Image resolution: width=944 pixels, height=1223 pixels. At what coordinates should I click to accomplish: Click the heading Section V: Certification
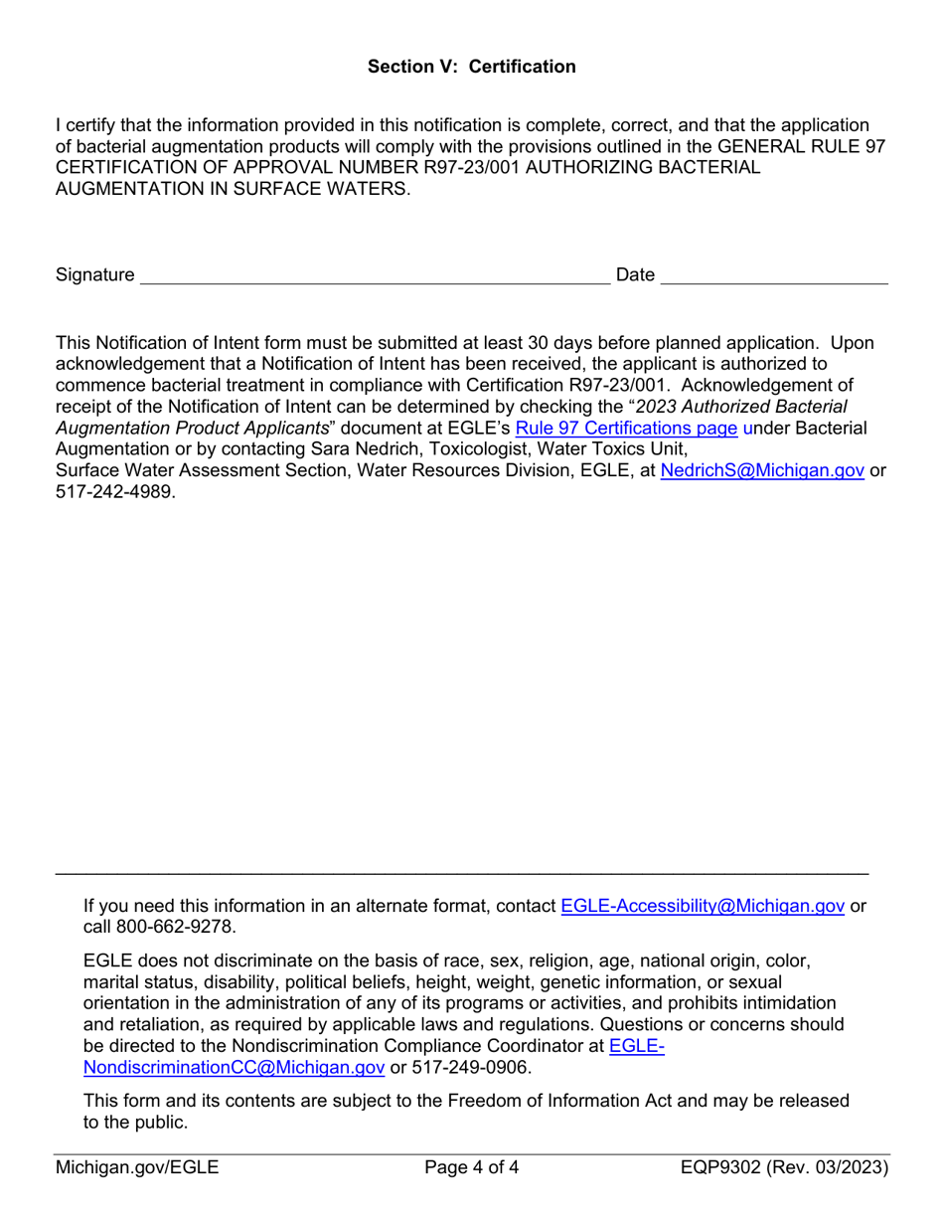click(x=471, y=67)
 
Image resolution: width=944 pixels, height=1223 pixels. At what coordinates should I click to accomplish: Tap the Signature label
click(x=94, y=274)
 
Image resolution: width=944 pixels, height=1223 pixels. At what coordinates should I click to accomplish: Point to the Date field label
click(x=635, y=274)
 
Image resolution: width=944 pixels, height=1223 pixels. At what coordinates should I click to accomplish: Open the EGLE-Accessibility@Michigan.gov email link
click(x=703, y=906)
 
